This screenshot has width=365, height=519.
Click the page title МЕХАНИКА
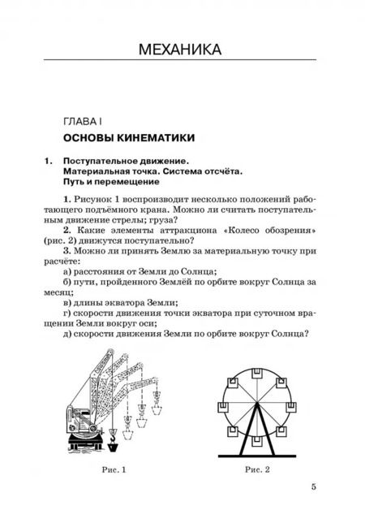(x=182, y=50)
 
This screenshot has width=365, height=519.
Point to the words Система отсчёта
(x=200, y=174)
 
